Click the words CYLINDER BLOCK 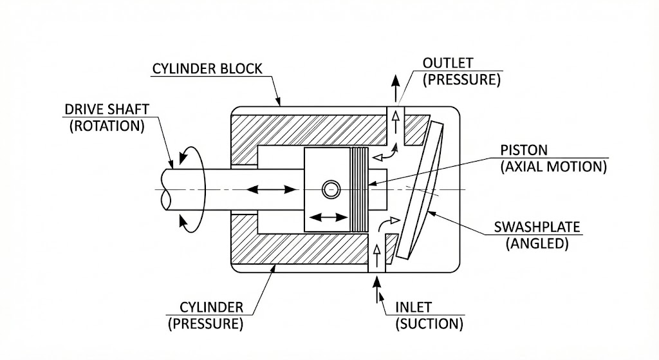[207, 68]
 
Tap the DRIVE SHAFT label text [107, 109]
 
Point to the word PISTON [524, 150]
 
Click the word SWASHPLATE [537, 227]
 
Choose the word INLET [414, 307]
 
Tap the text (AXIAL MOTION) [553, 167]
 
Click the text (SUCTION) [429, 324]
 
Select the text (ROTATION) [107, 126]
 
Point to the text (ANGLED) [537, 243]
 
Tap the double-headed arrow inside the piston [328, 218]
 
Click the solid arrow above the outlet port [395, 88]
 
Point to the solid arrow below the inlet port [376, 289]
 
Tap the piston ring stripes [359, 189]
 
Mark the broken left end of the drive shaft [165, 190]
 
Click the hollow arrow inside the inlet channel [376, 256]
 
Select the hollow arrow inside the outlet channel [395, 122]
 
